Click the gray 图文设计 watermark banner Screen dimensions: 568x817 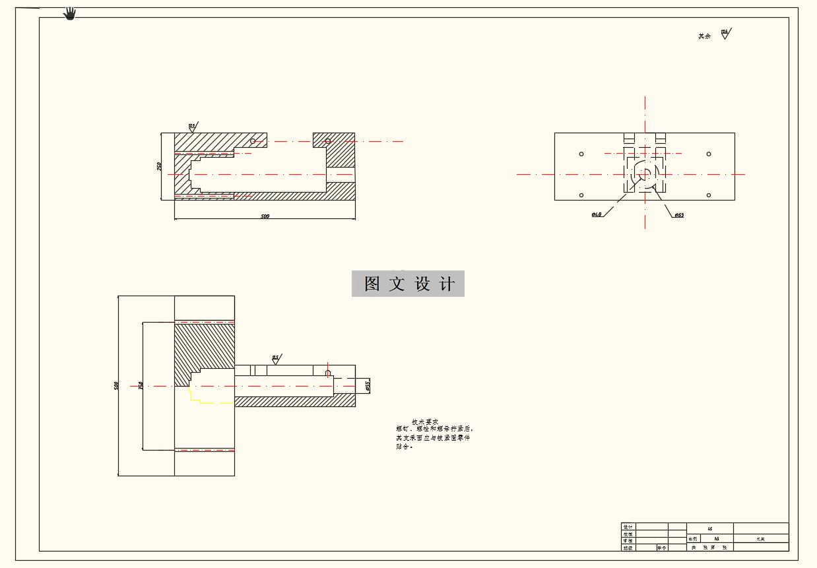(x=408, y=284)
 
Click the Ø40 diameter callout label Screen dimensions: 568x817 (x=597, y=214)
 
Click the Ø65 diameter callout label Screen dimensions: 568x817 (x=679, y=215)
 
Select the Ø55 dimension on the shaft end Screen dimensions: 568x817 (x=368, y=385)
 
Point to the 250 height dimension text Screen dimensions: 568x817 (x=159, y=166)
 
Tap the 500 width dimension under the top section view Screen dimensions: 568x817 (x=265, y=216)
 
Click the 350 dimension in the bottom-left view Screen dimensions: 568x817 (x=141, y=385)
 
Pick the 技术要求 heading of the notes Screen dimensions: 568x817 (x=425, y=422)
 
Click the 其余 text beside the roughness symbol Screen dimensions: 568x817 (x=705, y=36)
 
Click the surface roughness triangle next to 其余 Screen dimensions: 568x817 (x=725, y=34)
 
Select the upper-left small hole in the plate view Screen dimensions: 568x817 (x=581, y=154)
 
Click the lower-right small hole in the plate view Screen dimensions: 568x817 (x=709, y=195)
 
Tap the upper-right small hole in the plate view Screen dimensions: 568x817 (x=709, y=154)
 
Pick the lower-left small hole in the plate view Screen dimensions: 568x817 (x=581, y=195)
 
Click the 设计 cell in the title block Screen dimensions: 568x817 (x=628, y=526)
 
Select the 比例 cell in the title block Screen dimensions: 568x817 (x=692, y=539)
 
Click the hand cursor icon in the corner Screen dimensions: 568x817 (x=70, y=13)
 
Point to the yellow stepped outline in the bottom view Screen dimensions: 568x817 (x=211, y=402)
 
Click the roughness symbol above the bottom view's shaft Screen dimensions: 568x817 (x=276, y=359)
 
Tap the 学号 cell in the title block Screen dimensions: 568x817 (x=661, y=548)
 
